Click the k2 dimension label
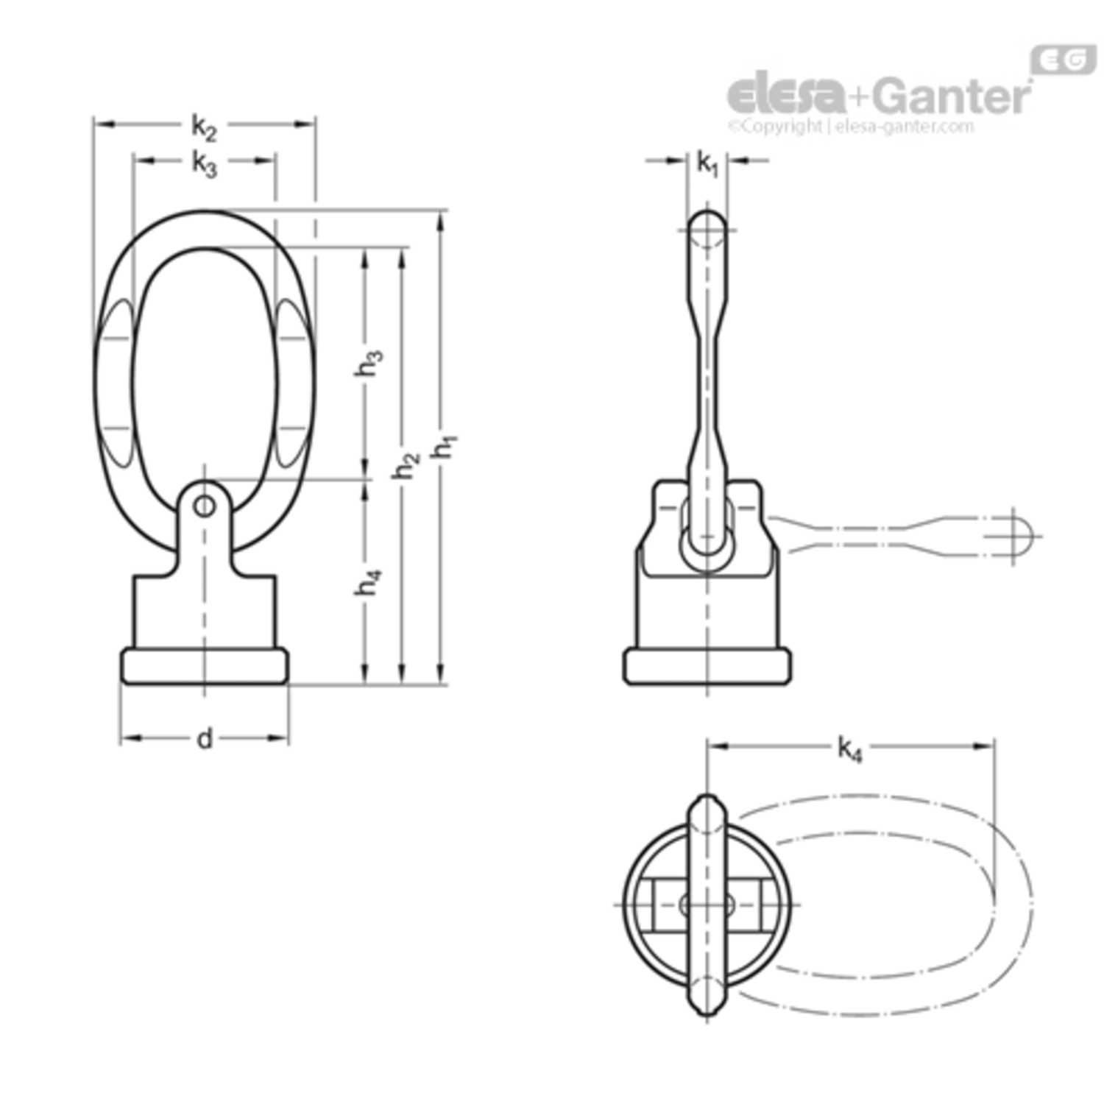click(204, 127)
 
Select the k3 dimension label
click(204, 163)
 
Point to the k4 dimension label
click(849, 749)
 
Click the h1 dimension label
click(445, 447)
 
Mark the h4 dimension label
click(368, 581)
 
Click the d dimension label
click(205, 737)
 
